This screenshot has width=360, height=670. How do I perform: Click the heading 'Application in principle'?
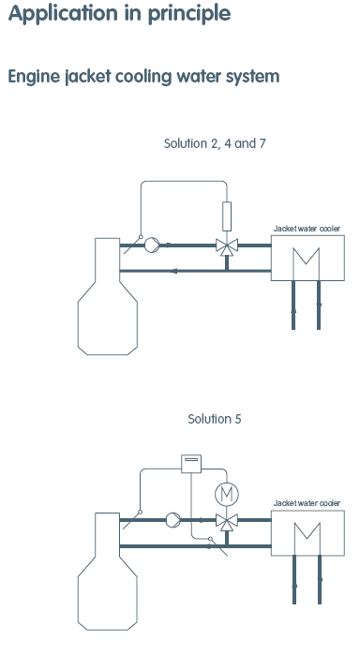pyautogui.click(x=119, y=14)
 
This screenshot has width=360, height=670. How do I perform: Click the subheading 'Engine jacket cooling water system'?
pyautogui.click(x=143, y=77)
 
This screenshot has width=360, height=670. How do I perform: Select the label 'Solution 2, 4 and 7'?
pyautogui.click(x=215, y=143)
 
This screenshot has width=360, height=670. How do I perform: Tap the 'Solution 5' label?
pyautogui.click(x=215, y=419)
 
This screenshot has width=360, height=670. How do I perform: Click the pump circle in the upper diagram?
pyautogui.click(x=152, y=246)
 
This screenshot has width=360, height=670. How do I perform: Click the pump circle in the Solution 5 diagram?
pyautogui.click(x=172, y=520)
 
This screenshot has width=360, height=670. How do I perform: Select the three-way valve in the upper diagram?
pyautogui.click(x=227, y=246)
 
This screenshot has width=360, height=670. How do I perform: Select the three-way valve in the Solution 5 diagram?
pyautogui.click(x=227, y=521)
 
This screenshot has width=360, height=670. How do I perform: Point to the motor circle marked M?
pyautogui.click(x=227, y=494)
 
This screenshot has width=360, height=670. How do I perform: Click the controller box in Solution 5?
pyautogui.click(x=191, y=464)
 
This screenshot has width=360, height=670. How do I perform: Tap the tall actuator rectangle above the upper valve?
pyautogui.click(x=227, y=216)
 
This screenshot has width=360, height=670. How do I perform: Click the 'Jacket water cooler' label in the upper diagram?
pyautogui.click(x=307, y=229)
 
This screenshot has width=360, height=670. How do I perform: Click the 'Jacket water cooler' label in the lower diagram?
pyautogui.click(x=307, y=503)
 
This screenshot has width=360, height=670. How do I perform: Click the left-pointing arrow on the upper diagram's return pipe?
pyautogui.click(x=173, y=271)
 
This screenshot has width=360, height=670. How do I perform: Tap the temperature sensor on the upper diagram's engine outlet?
pyautogui.click(x=133, y=245)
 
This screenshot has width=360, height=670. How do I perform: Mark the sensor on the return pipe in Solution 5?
pyautogui.click(x=218, y=546)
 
